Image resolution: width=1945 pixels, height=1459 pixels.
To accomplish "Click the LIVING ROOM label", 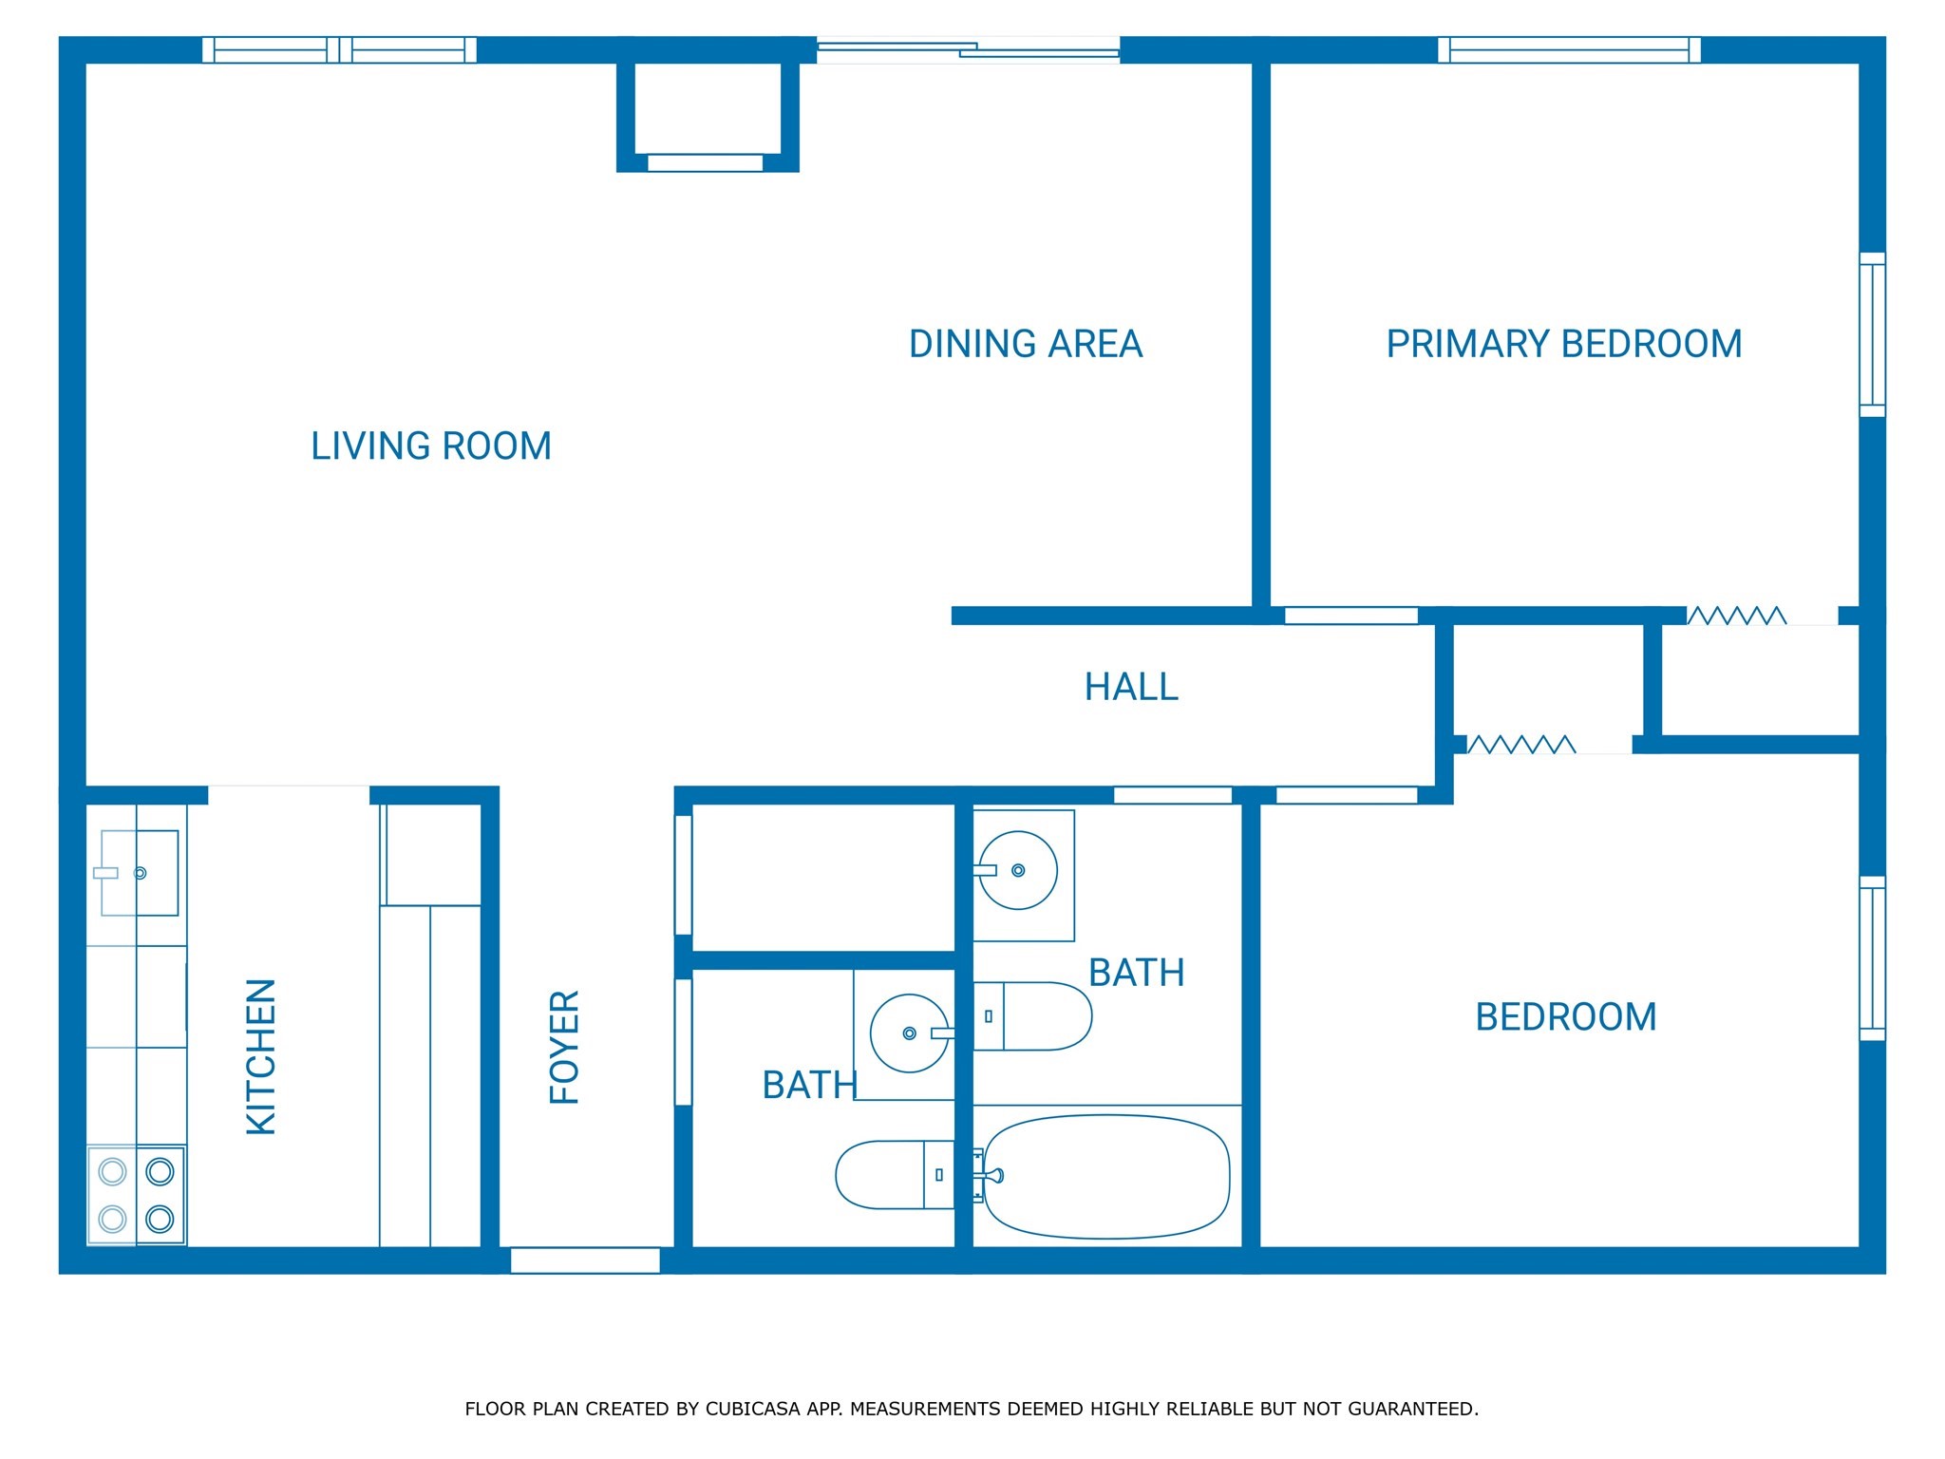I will pos(431,446).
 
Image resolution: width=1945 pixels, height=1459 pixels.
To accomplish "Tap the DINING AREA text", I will pos(1025,344).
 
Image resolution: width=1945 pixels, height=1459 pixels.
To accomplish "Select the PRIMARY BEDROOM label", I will pos(1563,344).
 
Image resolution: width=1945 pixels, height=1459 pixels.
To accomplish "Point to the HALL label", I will pos(1131,687).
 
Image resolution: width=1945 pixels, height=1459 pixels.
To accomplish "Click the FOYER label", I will pos(565,1047).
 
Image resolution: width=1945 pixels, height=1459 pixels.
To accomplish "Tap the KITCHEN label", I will pos(261,1056).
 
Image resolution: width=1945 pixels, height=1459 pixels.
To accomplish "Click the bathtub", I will pos(1106,1176).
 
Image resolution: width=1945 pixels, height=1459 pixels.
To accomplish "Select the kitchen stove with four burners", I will pos(137,1195).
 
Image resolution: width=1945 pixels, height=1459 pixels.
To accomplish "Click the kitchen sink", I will pos(139,873).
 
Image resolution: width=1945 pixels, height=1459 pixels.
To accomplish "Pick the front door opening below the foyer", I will pos(585,1260).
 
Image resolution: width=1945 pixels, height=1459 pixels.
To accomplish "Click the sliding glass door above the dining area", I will pos(968,49).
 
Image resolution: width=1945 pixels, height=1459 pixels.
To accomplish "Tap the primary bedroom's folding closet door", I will pos(1736,616).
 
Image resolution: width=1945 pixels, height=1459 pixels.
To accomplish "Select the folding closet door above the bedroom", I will pos(1520,745).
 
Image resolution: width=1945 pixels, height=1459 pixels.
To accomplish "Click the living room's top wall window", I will pos(339,49).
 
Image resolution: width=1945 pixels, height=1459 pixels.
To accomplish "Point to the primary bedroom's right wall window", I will pos(1871,334).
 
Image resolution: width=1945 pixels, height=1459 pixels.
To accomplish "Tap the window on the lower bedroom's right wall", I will pos(1871,957).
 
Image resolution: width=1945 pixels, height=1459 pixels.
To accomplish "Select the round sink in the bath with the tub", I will pos(1018,870).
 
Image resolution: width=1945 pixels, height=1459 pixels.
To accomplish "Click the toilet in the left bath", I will pos(893,1175).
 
